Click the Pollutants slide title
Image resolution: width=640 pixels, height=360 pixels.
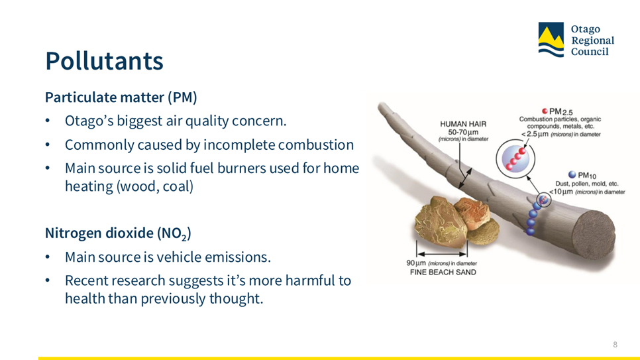104,61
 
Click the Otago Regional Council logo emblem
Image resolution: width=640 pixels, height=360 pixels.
551,39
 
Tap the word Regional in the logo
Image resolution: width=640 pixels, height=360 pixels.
593,40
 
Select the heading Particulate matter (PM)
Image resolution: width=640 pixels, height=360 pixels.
121,97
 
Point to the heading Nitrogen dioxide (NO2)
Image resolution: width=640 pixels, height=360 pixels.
118,233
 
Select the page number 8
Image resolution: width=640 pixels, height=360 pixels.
615,345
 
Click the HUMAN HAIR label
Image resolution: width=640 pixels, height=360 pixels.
463,124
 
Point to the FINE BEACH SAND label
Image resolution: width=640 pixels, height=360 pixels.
443,272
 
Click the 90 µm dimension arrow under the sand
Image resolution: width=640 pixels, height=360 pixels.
442,253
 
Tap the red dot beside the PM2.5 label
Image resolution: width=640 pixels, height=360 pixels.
545,111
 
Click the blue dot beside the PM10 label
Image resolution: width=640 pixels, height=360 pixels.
572,175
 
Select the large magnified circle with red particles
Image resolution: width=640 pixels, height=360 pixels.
515,158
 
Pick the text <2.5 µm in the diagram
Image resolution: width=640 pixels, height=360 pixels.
535,134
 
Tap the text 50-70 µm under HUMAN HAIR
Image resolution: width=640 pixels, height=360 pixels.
463,132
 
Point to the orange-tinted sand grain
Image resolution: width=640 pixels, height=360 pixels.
474,212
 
